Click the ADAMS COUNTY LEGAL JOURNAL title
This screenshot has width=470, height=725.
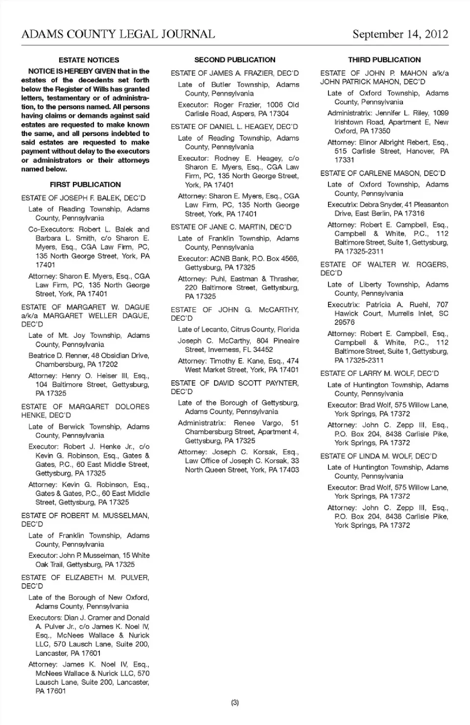(x=118, y=34)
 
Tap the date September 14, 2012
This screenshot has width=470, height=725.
(x=400, y=34)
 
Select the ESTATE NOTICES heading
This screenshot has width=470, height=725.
(x=89, y=60)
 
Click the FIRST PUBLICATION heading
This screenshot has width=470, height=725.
(x=85, y=185)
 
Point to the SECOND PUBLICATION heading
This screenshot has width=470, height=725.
(x=235, y=60)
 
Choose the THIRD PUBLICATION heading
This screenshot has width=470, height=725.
(x=384, y=60)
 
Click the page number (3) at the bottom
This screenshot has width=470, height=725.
(x=235, y=703)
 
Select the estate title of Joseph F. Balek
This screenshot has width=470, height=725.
(x=83, y=198)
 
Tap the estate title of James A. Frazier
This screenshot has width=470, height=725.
(x=235, y=73)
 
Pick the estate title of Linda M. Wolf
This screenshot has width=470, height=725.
(x=378, y=456)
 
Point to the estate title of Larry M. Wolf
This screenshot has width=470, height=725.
(x=379, y=373)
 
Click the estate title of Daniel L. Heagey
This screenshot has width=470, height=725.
(x=234, y=127)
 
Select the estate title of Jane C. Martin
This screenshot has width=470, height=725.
(x=231, y=227)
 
